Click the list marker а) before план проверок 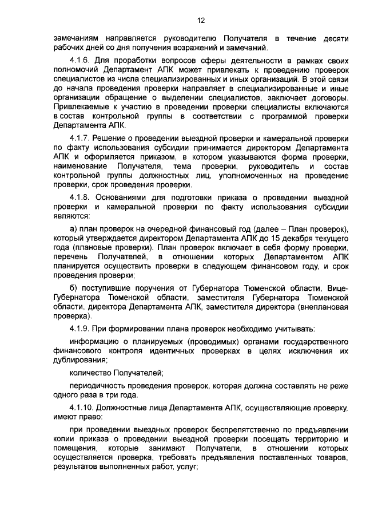(x=74, y=229)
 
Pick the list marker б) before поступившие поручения (x=74, y=286)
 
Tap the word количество (x=91, y=373)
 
